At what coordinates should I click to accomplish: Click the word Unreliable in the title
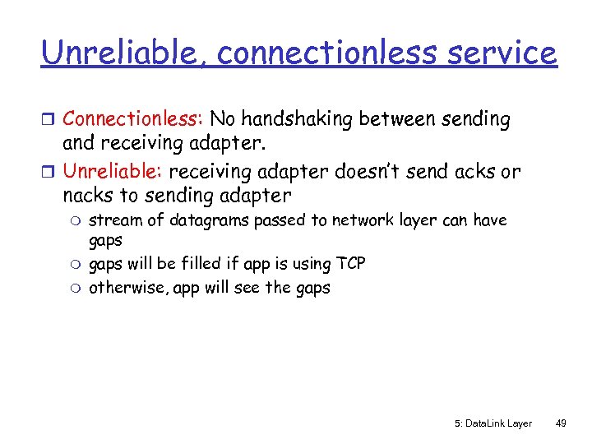point(118,53)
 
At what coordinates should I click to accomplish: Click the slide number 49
point(561,423)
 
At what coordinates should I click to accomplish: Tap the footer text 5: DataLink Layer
point(493,423)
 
